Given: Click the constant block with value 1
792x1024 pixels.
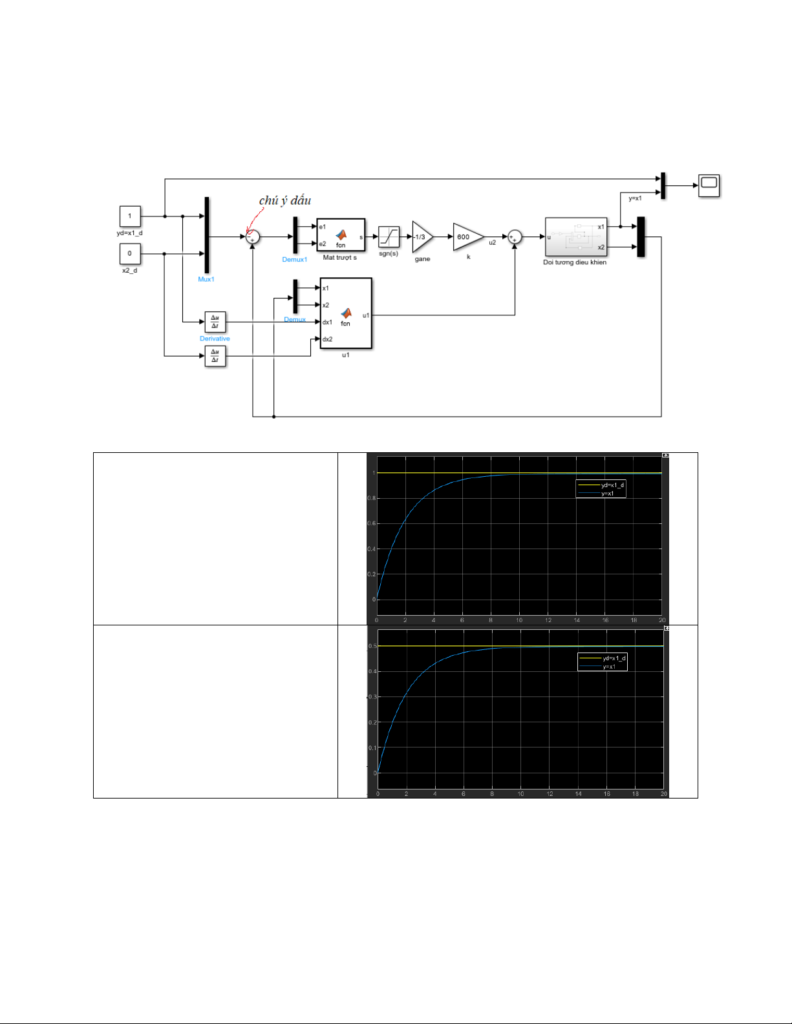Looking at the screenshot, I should pyautogui.click(x=130, y=216).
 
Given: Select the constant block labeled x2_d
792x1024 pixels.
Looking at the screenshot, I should pyautogui.click(x=130, y=253).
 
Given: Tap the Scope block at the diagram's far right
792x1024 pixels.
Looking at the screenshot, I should pyautogui.click(x=709, y=185).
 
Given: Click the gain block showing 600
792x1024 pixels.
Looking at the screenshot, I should pyautogui.click(x=467, y=237).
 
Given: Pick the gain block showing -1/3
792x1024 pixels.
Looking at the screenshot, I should pyautogui.click(x=422, y=237).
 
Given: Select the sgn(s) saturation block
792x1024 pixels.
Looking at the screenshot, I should pyautogui.click(x=389, y=237).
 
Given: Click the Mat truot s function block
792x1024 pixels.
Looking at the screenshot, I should pyautogui.click(x=341, y=235).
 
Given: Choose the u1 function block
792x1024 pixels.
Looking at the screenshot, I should pyautogui.click(x=346, y=313).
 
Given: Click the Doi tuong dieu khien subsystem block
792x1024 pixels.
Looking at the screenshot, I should pyautogui.click(x=575, y=237).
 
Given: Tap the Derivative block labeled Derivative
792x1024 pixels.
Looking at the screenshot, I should pyautogui.click(x=215, y=322).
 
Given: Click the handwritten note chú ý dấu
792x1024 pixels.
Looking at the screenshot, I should pyautogui.click(x=285, y=200).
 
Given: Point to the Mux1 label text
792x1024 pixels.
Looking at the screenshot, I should pyautogui.click(x=206, y=279).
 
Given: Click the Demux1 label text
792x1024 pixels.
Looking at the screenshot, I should pyautogui.click(x=295, y=260).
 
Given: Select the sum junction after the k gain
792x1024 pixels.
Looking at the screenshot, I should pyautogui.click(x=515, y=237).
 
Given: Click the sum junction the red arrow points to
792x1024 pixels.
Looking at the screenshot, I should pyautogui.click(x=253, y=237).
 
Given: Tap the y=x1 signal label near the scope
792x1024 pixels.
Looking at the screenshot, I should pyautogui.click(x=635, y=198).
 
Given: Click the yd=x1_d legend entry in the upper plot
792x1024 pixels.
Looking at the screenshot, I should pyautogui.click(x=612, y=485).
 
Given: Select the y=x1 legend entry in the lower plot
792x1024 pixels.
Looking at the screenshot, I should pyautogui.click(x=608, y=667).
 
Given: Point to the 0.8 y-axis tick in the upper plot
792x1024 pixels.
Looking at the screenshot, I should pyautogui.click(x=371, y=498).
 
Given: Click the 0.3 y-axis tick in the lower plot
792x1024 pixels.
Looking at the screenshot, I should pyautogui.click(x=372, y=697).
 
